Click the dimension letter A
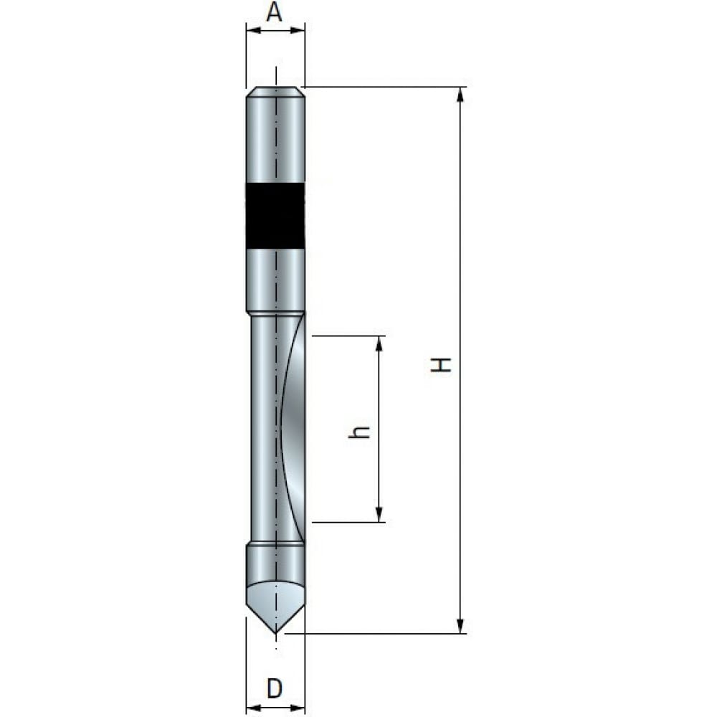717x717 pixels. coord(275,12)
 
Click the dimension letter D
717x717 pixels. coord(275,688)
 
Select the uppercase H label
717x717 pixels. coord(441,364)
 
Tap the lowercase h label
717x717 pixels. coord(359,432)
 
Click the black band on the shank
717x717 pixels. coord(275,215)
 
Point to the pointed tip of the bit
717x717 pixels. coord(275,632)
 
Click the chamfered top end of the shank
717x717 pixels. coord(275,92)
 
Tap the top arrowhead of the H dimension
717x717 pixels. coord(460,94)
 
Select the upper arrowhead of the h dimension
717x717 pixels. coord(379,343)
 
